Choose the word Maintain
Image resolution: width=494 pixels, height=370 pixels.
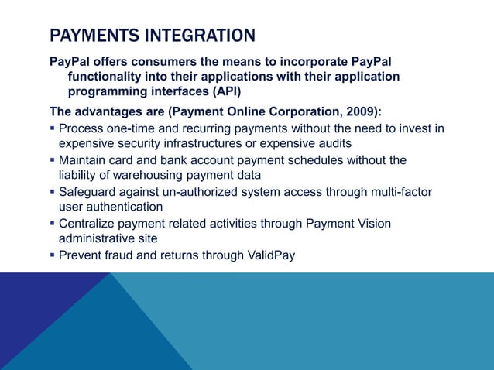coord(84,160)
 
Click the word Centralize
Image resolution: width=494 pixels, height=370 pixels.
coord(88,224)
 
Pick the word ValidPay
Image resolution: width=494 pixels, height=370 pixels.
coord(269,255)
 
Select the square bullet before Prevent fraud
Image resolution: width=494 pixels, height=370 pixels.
coord(53,255)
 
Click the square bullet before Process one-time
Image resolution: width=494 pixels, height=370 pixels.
coord(53,128)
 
